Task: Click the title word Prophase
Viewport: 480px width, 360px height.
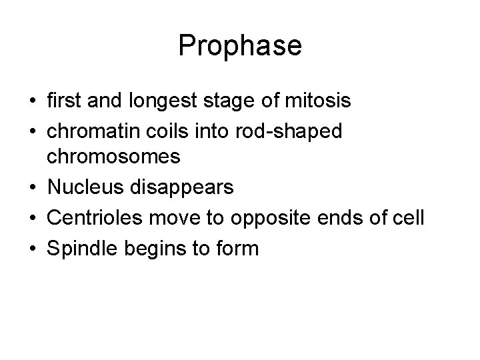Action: coord(240,45)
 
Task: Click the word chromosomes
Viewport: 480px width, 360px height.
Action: coord(113,157)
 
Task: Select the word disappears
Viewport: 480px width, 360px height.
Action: coord(181,187)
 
